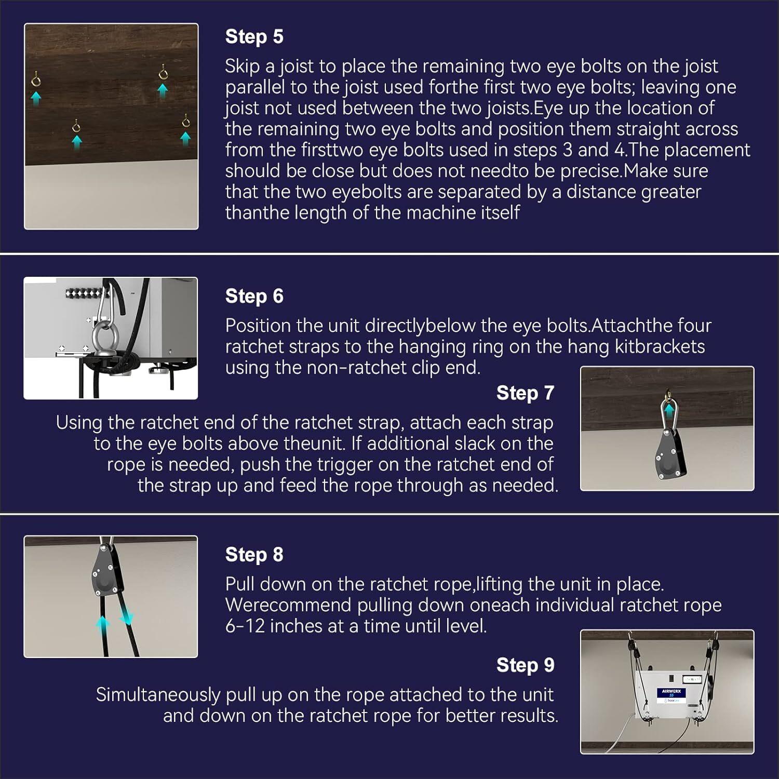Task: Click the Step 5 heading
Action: [x=254, y=37]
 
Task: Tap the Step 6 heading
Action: [x=254, y=296]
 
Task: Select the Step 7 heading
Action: [x=525, y=393]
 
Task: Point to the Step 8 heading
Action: [x=254, y=555]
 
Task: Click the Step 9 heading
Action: [x=525, y=665]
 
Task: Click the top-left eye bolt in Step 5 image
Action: [x=36, y=79]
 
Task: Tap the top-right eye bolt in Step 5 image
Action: [x=163, y=73]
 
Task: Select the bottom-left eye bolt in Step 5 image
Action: [x=76, y=126]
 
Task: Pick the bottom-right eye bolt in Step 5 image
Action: [x=185, y=123]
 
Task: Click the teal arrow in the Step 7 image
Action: [x=669, y=410]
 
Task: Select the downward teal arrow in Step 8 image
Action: [x=127, y=618]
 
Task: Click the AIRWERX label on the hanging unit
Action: [x=671, y=692]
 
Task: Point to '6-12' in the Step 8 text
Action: [x=245, y=626]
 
